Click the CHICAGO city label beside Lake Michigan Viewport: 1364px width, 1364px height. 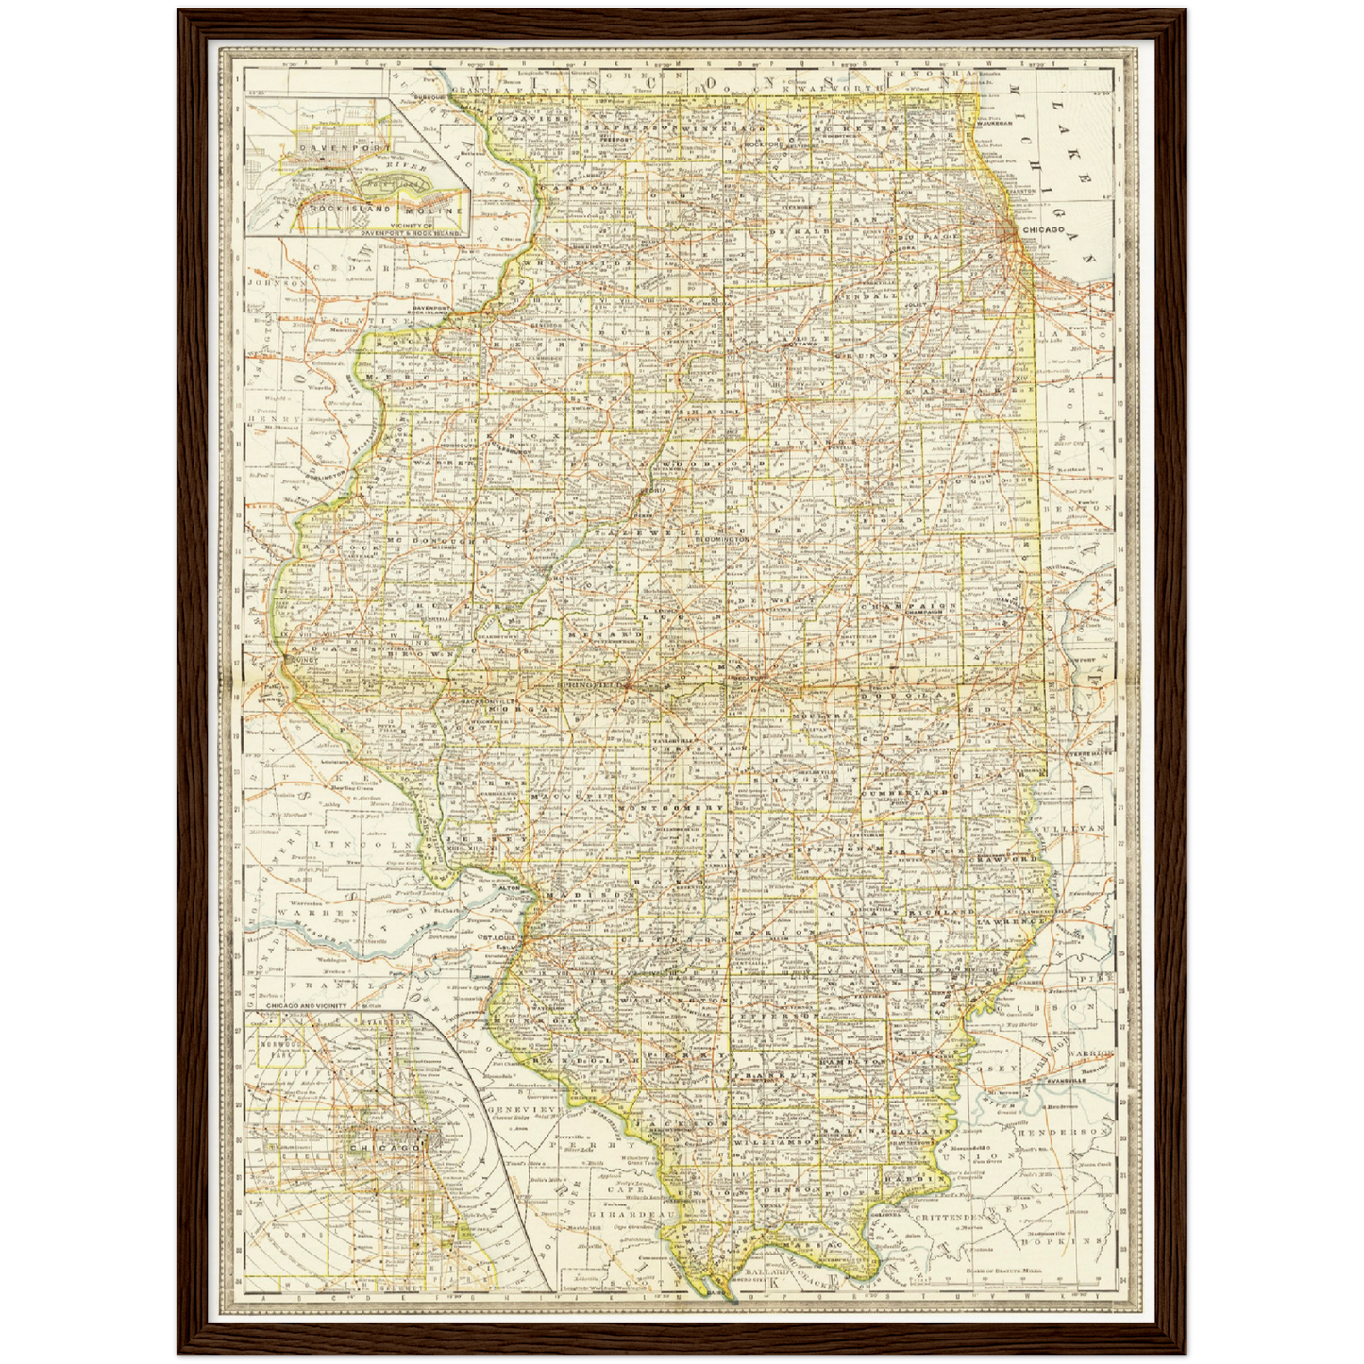click(x=1042, y=229)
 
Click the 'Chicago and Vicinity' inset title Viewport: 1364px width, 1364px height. click(x=307, y=1006)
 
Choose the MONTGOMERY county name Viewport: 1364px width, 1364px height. click(x=670, y=809)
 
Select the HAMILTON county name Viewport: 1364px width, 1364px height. click(x=854, y=1061)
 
